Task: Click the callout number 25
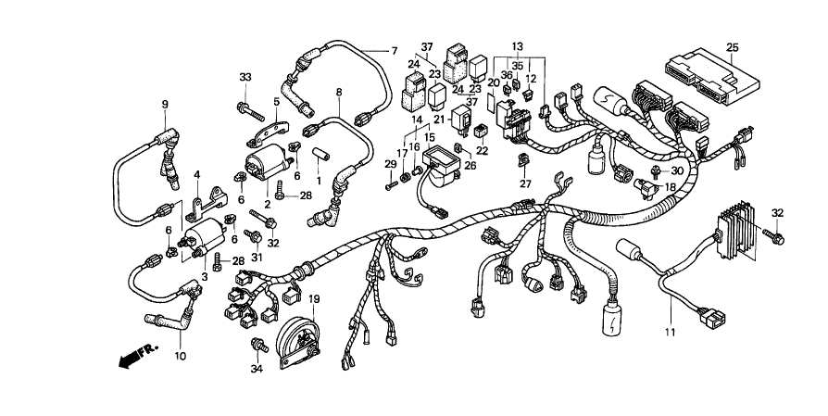click(732, 46)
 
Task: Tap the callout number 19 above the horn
click(314, 299)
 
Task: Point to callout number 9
click(166, 104)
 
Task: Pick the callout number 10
click(180, 356)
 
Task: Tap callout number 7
click(393, 50)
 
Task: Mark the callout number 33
click(245, 76)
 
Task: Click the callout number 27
click(525, 184)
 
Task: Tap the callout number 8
click(339, 92)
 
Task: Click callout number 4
click(196, 174)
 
